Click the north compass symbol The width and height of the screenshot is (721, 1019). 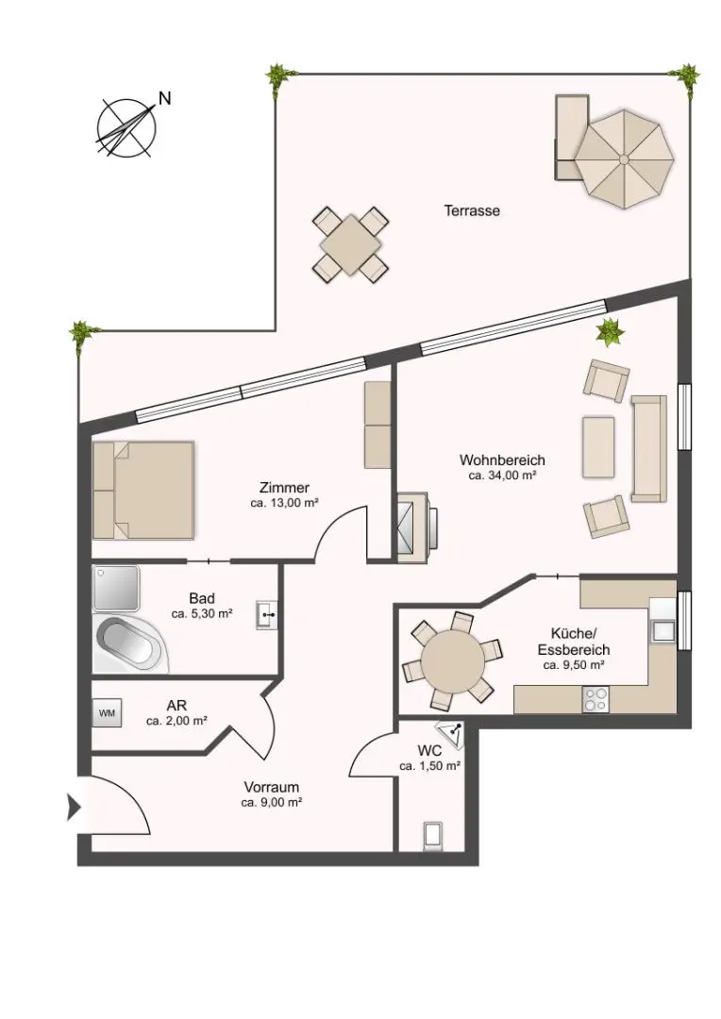[126, 126]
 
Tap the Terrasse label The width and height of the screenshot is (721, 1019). [472, 211]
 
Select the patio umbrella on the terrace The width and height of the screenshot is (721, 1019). [625, 150]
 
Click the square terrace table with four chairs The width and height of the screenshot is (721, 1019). [350, 244]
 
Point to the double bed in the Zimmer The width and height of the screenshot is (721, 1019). [143, 490]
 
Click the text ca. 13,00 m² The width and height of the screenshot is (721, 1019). [283, 504]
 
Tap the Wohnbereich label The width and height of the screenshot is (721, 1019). [502, 460]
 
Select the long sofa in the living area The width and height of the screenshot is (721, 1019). [648, 448]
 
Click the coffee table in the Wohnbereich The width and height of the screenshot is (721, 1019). [598, 447]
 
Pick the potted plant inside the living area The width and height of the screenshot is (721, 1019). [611, 331]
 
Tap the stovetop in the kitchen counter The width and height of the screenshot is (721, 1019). [595, 699]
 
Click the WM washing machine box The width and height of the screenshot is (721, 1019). [107, 713]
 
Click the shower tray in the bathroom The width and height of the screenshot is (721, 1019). [115, 588]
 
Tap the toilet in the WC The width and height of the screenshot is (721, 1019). [433, 835]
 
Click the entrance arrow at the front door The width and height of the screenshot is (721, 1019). [72, 807]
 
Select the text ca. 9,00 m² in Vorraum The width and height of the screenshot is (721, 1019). [271, 803]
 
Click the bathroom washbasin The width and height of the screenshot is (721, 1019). [268, 615]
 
